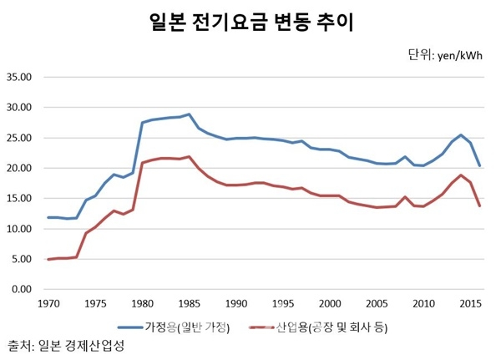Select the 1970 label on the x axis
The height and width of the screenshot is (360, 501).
[x=48, y=302]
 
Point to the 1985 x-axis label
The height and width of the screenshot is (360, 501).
[x=190, y=302]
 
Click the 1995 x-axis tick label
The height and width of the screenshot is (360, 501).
[x=284, y=302]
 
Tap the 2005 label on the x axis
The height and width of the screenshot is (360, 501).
[x=378, y=302]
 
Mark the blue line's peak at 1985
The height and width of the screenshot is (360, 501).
[x=190, y=114]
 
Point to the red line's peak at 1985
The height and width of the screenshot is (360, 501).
[x=190, y=157]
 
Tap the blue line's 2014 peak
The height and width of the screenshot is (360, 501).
[x=461, y=134]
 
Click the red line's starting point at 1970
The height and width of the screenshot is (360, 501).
[x=48, y=260]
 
